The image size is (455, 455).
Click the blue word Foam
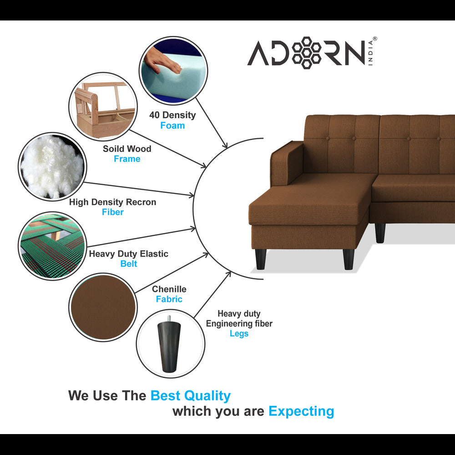click(x=172, y=126)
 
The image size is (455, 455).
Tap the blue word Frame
click(x=127, y=159)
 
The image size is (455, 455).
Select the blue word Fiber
click(x=112, y=212)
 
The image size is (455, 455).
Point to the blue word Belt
click(x=129, y=263)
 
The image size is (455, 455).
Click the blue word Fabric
click(x=169, y=299)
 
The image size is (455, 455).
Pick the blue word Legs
click(x=239, y=334)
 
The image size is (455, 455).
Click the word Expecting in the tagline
click(x=301, y=411)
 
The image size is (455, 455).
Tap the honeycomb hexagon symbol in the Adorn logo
click(x=306, y=52)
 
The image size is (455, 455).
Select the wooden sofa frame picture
click(x=104, y=106)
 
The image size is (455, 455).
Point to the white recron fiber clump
click(x=52, y=167)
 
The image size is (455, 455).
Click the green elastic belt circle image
click(x=52, y=246)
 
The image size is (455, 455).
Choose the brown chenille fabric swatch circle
click(x=103, y=307)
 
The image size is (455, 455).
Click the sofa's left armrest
click(x=287, y=164)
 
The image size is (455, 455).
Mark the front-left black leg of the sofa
click(x=261, y=259)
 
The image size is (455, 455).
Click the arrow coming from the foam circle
click(x=212, y=123)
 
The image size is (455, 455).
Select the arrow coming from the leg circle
click(x=212, y=294)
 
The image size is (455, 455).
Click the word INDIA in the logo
click(x=370, y=53)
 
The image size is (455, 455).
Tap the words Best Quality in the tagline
click(x=190, y=396)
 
